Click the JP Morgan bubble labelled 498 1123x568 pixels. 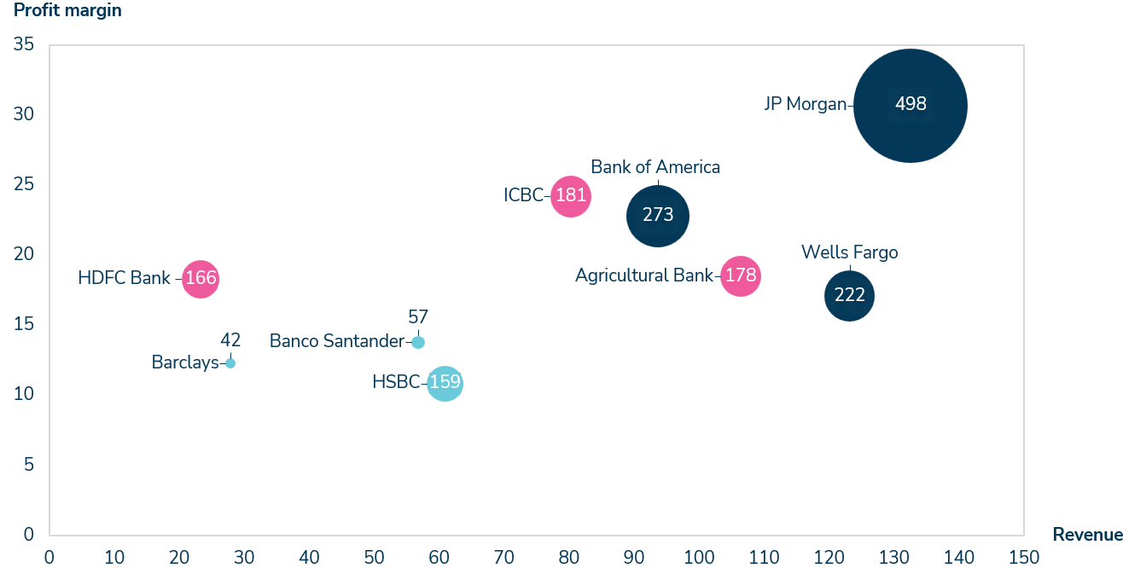point(911,106)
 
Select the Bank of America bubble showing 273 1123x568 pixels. point(657,216)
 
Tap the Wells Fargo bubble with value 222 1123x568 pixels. point(849,296)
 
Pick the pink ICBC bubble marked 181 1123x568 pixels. point(570,196)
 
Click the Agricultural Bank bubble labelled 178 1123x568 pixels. point(740,276)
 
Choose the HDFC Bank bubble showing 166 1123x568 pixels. point(201,279)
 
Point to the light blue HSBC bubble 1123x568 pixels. point(445,383)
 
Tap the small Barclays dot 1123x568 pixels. point(230,363)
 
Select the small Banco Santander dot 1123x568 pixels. point(418,342)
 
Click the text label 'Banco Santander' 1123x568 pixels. point(336,341)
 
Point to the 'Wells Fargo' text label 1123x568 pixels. point(849,252)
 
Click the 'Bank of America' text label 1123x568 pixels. point(655,167)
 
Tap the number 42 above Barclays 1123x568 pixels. point(230,340)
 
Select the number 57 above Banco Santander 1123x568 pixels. point(418,317)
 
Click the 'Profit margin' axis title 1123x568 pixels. point(67,11)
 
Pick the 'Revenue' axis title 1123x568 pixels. point(1087,535)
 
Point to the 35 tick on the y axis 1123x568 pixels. point(24,44)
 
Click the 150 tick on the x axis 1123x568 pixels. point(1023,557)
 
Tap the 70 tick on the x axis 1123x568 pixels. point(503,557)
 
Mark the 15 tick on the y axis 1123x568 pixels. point(24,324)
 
